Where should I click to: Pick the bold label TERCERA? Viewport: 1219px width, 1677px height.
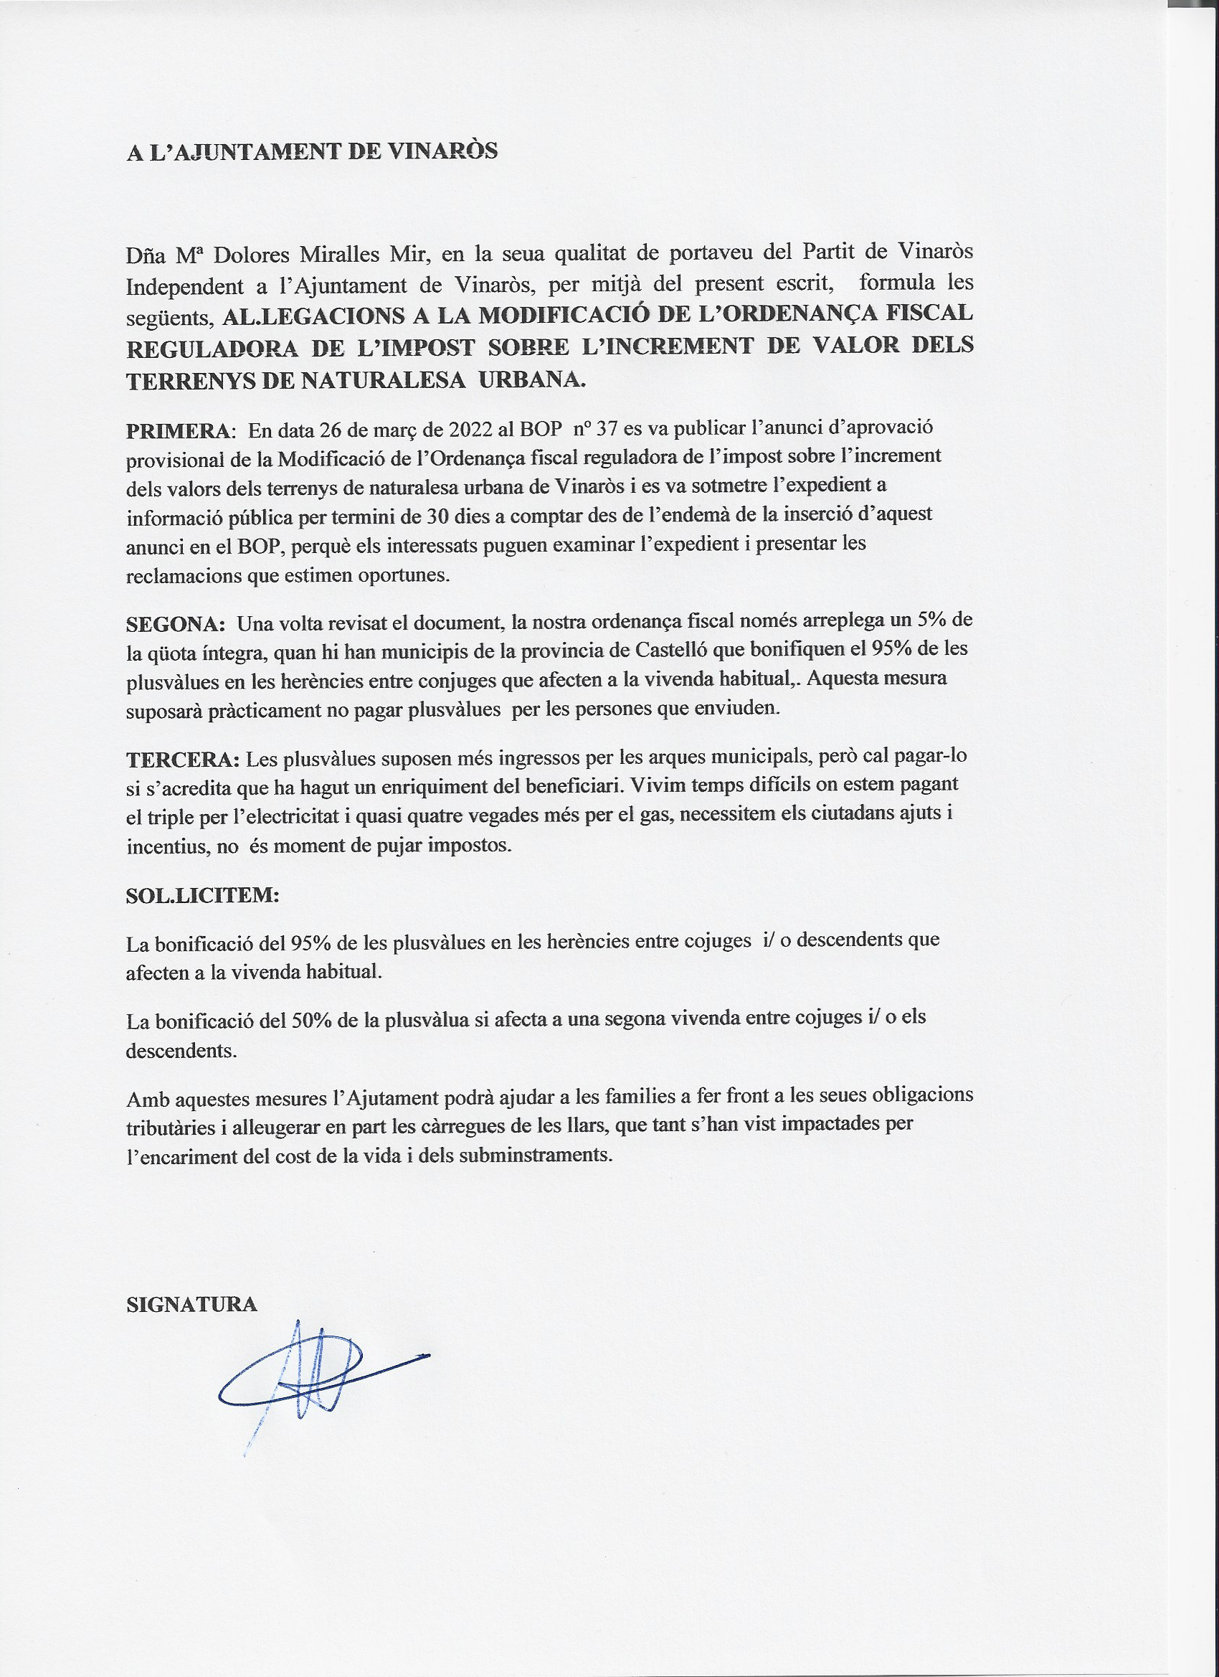(x=183, y=760)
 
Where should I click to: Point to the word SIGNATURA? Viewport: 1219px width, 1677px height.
(x=191, y=1303)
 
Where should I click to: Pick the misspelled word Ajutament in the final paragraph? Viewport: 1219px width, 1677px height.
(x=385, y=1097)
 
